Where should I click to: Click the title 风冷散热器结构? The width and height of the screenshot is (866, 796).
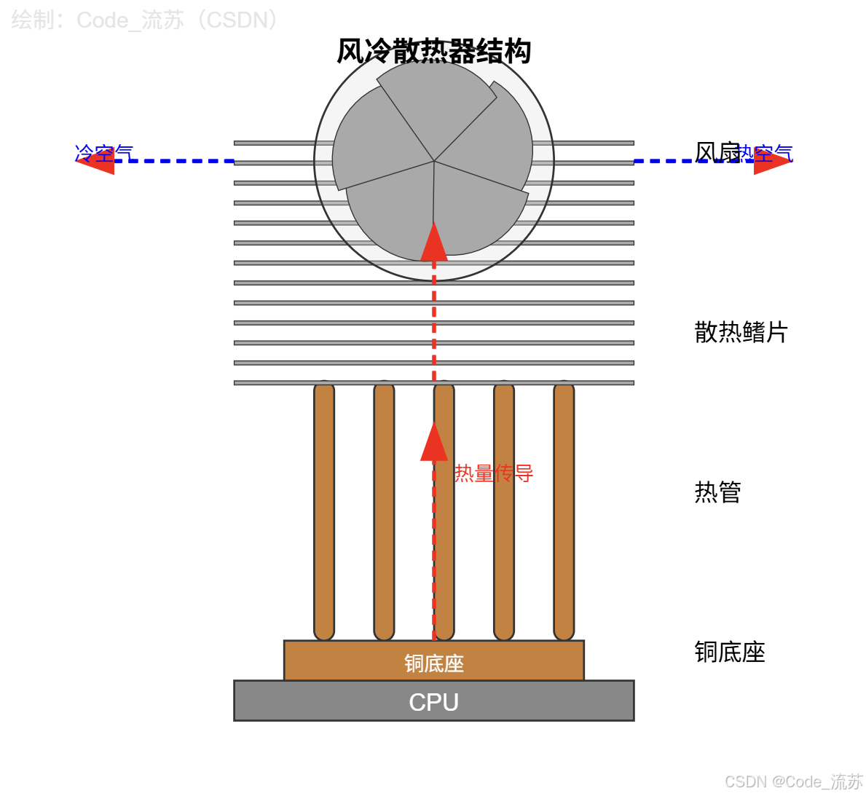[x=433, y=51]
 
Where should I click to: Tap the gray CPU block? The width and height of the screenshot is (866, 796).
[x=433, y=701]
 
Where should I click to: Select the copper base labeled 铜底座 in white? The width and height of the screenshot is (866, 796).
[x=433, y=661]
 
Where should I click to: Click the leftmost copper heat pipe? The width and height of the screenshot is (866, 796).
[x=324, y=510]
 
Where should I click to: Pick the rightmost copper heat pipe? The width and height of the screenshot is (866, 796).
[x=564, y=510]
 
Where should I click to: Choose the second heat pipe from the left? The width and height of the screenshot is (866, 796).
[x=384, y=510]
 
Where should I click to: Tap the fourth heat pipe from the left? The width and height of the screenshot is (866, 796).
[x=504, y=510]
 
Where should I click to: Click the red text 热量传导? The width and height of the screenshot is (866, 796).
[x=494, y=473]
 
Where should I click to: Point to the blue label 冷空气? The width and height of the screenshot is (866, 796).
[x=104, y=153]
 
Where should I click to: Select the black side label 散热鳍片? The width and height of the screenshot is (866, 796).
[x=741, y=332]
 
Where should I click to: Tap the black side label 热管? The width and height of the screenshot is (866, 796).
[x=717, y=492]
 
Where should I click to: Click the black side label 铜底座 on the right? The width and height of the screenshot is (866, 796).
[x=729, y=652]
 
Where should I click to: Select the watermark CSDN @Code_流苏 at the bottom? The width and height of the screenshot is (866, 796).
[x=793, y=781]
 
